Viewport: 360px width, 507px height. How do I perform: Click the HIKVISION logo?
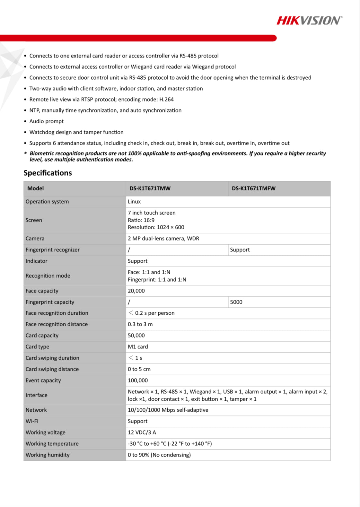point(309,21)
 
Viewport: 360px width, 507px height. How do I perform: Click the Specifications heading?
point(48,173)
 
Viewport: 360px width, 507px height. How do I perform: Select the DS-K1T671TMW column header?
point(150,188)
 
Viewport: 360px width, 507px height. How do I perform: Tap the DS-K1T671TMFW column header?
point(254,188)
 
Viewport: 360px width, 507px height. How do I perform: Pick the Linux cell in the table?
point(134,202)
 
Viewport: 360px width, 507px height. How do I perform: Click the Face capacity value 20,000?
point(136,291)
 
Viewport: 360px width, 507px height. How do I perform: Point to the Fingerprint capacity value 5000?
point(236,302)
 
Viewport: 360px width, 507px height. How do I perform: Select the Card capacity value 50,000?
point(136,336)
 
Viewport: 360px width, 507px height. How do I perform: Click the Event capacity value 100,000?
point(138,380)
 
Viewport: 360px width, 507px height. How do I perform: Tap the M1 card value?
point(138,347)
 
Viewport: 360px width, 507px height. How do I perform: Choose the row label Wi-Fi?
point(32,421)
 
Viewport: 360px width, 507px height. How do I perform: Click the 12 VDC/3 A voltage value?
point(142,433)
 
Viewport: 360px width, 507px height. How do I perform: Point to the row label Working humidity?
point(48,455)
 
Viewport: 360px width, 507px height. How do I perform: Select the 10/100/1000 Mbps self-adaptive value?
point(168,410)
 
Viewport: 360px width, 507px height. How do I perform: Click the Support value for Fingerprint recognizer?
point(240,250)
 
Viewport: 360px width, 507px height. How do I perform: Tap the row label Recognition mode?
point(48,276)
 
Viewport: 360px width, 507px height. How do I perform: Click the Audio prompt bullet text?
point(47,121)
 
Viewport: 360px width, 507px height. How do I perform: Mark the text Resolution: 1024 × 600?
point(156,227)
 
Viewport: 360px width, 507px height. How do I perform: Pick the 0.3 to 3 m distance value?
point(140,324)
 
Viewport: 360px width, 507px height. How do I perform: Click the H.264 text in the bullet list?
point(166,100)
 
